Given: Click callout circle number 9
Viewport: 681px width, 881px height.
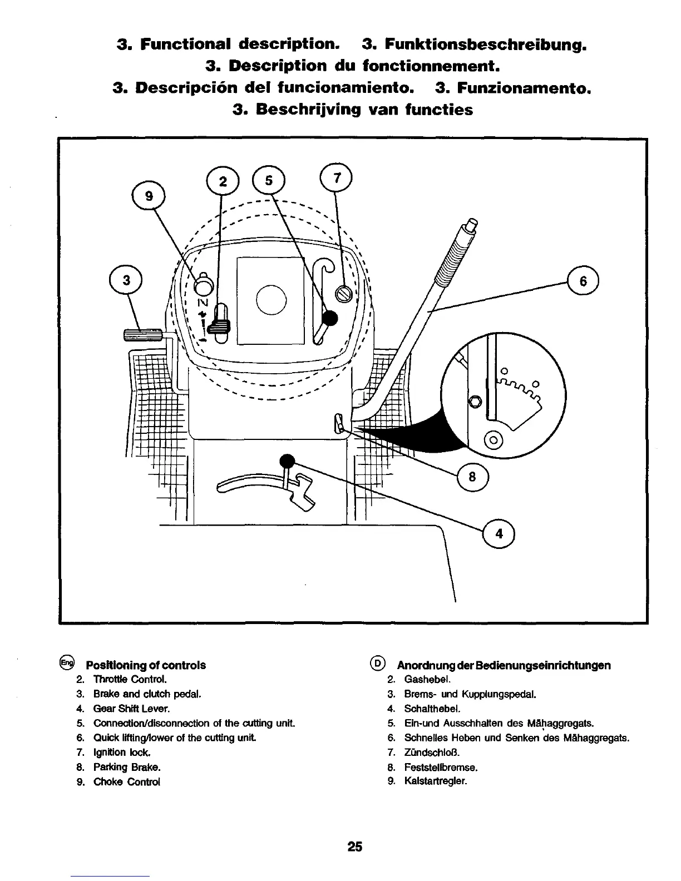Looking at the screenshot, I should [x=147, y=196].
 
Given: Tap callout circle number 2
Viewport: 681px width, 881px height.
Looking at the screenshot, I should [x=223, y=181].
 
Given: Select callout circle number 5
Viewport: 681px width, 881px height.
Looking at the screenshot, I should [x=269, y=181].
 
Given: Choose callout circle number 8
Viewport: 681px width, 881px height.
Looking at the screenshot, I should [x=472, y=477].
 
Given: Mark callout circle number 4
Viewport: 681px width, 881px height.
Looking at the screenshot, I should [x=499, y=534].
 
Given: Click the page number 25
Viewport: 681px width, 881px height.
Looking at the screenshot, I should [x=354, y=847].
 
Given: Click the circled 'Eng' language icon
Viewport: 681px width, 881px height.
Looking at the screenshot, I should [x=67, y=663].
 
